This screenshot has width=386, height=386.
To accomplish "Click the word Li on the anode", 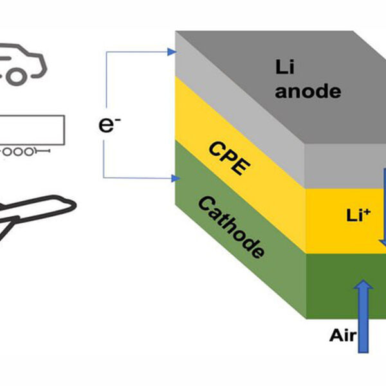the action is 285,67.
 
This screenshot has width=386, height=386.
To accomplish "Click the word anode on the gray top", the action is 308,91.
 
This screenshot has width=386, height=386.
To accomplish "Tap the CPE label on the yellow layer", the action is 230,158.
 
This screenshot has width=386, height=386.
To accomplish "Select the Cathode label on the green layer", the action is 232,227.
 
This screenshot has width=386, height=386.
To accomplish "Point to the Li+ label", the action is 358,215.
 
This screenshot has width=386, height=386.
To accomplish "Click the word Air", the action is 343,335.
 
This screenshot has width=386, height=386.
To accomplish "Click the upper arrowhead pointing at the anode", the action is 172,51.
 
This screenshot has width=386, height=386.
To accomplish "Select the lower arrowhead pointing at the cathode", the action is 176,178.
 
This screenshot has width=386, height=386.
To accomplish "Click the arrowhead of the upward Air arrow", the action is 363,284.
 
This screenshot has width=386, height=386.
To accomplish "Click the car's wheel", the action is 16,77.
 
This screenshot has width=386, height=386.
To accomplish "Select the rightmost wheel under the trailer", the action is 29,152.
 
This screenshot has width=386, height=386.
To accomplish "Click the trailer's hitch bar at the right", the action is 42,151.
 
